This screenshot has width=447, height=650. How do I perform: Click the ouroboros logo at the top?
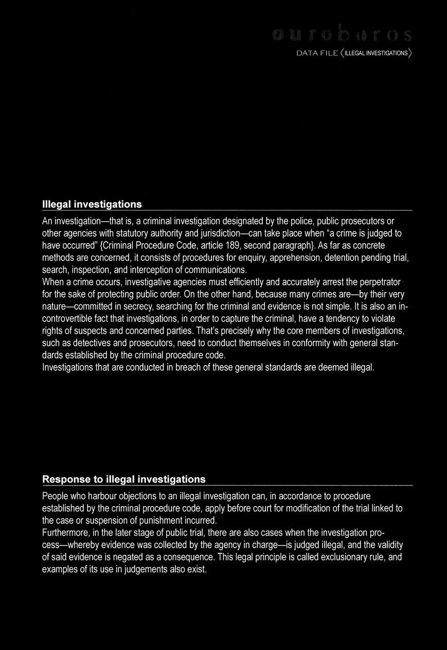click(342, 35)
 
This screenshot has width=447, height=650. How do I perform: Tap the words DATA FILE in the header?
click(317, 53)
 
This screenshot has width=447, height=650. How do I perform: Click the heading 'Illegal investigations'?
click(92, 204)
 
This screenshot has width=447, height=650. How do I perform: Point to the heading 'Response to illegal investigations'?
click(123, 479)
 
